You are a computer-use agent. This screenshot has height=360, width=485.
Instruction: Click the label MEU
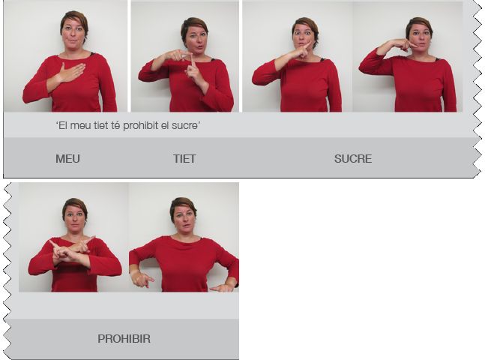pos(67,158)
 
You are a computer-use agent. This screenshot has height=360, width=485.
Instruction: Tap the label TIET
pos(184,158)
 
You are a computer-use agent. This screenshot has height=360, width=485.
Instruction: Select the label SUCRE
pos(353,158)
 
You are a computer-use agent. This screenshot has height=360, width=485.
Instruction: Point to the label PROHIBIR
pos(124,339)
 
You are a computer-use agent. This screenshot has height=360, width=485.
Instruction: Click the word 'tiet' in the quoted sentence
pos(101,125)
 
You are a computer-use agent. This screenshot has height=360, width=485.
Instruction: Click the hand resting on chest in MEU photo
pos(70,73)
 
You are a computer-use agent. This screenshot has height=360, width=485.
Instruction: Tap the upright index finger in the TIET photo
pos(191,61)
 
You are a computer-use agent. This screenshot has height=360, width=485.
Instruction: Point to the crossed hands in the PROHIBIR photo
pos(70,250)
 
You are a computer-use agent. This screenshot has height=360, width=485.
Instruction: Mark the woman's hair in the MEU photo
pos(74,19)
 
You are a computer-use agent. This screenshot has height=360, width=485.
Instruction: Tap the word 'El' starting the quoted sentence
pos(62,125)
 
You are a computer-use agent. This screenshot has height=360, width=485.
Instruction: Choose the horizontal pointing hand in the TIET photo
pos(175,55)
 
